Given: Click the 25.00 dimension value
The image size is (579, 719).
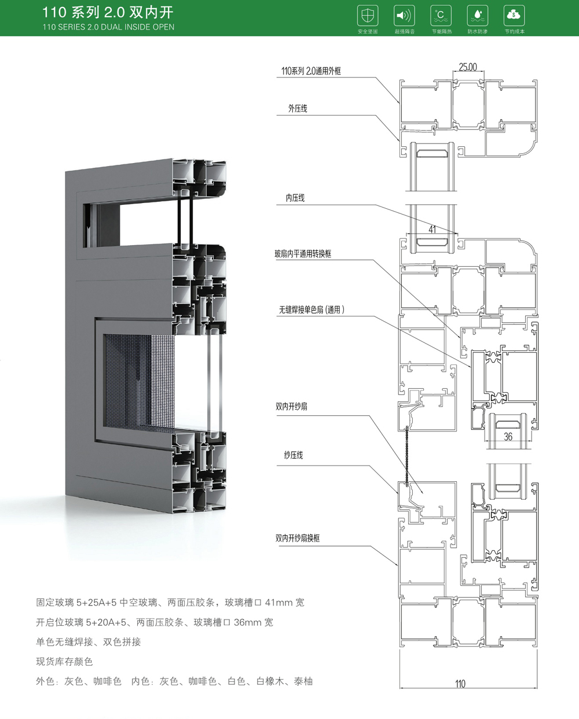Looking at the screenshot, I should click(x=468, y=67).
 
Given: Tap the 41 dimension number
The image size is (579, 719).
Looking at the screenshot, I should click(x=433, y=230).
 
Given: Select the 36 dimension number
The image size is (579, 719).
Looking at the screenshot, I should click(x=508, y=437).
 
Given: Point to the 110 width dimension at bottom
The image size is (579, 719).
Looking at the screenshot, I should click(x=460, y=684).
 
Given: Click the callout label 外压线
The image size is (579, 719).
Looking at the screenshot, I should click(x=298, y=108).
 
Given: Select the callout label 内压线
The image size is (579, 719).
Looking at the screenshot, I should click(x=295, y=198).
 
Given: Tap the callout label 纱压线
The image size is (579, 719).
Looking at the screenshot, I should click(x=294, y=455).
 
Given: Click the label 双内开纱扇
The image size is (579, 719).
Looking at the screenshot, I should click(x=291, y=407).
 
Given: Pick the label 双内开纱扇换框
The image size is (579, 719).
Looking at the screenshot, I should click(x=298, y=538).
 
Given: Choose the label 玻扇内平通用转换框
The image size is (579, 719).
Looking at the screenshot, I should click(x=303, y=253).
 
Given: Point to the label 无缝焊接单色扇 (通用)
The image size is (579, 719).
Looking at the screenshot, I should click(x=312, y=309).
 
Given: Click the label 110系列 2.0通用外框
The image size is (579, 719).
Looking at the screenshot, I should click(x=311, y=71).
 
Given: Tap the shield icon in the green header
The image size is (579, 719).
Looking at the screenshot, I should click(x=368, y=15).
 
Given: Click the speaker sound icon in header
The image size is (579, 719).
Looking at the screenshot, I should click(x=404, y=15).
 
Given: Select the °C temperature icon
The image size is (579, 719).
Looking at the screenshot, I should click(x=441, y=15).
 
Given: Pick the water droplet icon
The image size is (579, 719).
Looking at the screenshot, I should click(x=477, y=15).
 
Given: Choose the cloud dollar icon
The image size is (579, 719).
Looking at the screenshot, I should click(x=514, y=15).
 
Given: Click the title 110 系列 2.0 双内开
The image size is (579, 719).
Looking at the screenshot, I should click(x=108, y=12).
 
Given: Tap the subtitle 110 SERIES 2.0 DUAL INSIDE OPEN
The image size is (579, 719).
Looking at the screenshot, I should click(x=108, y=27).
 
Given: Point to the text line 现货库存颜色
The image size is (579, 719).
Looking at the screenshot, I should click(x=64, y=661).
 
